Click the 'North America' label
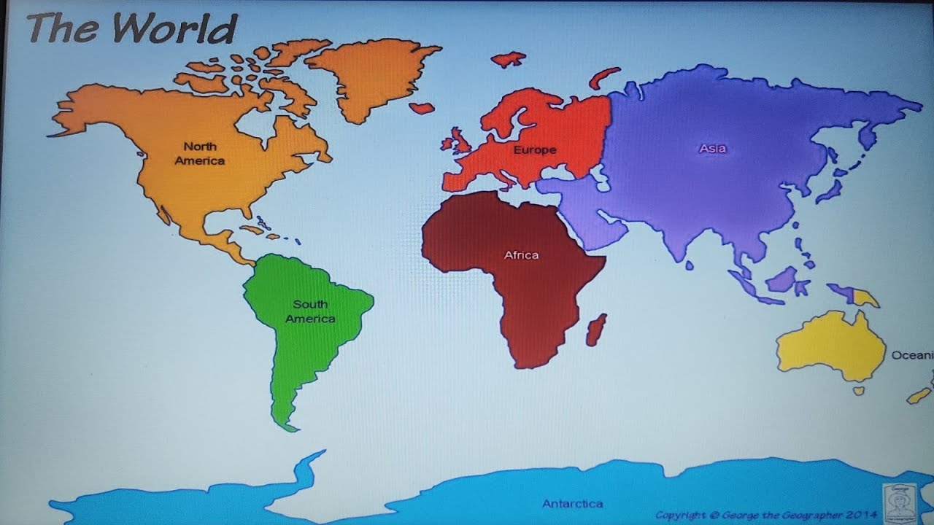pos(199,154)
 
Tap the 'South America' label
pos(310,311)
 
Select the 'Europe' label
pos(534,150)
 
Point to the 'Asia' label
pos(712,149)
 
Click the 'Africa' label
pos(521,255)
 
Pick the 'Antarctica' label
pos(572,504)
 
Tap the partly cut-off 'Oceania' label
pos(912,355)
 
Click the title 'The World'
pos(132,28)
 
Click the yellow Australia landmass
pos(832,346)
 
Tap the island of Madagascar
pos(596,330)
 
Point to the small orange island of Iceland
pos(422,108)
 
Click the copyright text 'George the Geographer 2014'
pos(766,516)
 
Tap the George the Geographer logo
pos(902,502)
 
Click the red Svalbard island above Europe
pos(509,59)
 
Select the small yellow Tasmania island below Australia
pos(858,391)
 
